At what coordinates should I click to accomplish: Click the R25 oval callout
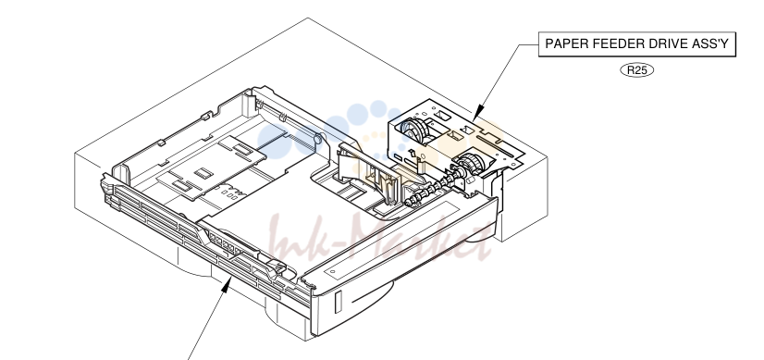(637, 70)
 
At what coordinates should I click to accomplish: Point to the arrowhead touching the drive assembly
(478, 112)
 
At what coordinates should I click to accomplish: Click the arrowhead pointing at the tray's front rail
(227, 285)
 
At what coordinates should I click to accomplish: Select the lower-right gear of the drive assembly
(470, 163)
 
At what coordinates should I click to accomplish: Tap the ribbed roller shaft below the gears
(433, 187)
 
